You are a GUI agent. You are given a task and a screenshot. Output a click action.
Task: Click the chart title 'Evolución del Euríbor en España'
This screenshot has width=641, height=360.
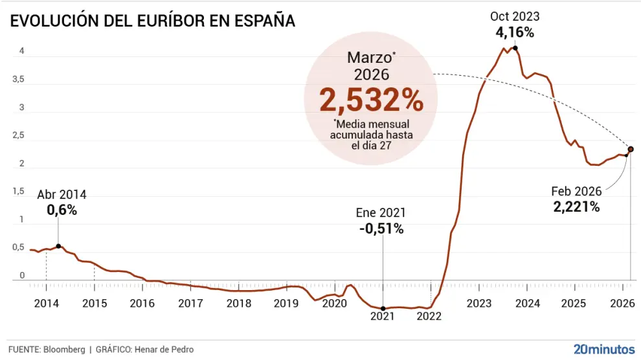(x=153, y=21)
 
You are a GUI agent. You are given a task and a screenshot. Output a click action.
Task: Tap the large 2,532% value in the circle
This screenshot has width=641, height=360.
(x=371, y=100)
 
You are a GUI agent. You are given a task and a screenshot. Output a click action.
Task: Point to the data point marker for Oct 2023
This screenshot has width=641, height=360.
(x=515, y=48)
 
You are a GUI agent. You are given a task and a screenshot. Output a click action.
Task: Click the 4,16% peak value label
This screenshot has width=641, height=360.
(x=515, y=32)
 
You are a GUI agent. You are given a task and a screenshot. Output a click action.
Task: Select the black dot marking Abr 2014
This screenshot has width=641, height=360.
(x=58, y=246)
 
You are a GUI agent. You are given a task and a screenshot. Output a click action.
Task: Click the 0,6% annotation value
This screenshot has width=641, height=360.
(x=62, y=210)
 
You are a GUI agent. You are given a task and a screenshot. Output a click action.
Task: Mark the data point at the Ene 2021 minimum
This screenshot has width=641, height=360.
(x=383, y=309)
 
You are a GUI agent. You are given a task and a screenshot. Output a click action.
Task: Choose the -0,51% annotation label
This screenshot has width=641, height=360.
(x=381, y=229)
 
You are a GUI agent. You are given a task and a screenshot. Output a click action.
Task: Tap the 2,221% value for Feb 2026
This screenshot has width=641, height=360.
(x=576, y=207)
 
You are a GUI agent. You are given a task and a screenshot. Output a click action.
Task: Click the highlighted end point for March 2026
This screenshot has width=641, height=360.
(x=631, y=149)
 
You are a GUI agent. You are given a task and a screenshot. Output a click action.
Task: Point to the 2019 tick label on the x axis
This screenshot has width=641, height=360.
(x=286, y=303)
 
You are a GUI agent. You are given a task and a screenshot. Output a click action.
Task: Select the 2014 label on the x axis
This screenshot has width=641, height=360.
(x=46, y=303)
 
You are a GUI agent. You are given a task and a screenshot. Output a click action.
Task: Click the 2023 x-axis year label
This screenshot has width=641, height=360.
(x=479, y=303)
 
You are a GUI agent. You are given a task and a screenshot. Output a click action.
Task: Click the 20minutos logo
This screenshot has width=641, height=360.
(x=603, y=349)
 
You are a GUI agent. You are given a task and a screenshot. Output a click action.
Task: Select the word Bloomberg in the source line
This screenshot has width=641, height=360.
(x=64, y=350)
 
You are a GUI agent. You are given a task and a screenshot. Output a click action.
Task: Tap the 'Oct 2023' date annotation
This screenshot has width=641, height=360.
(x=515, y=17)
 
